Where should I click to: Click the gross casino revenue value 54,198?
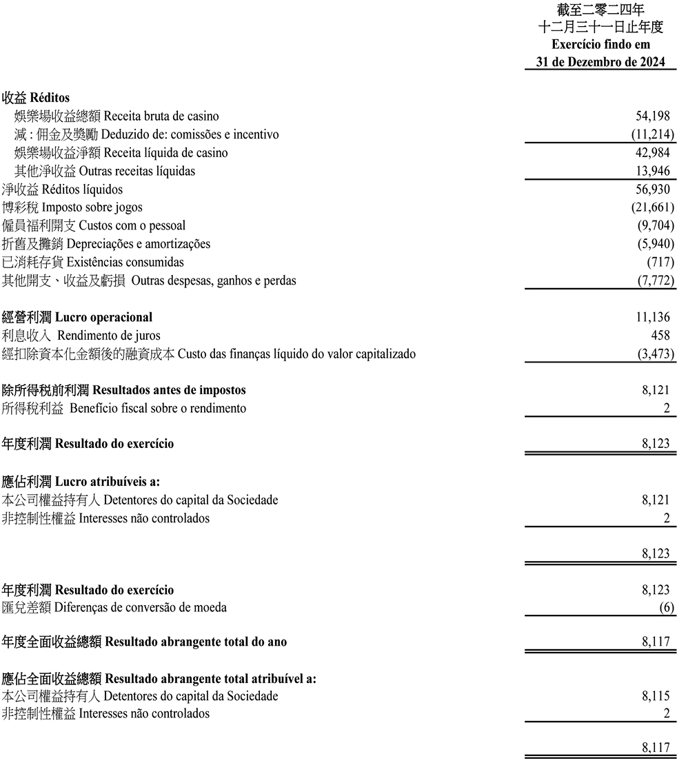(652, 116)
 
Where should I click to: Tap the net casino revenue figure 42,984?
(652, 153)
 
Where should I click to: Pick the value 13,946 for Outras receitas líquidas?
(652, 171)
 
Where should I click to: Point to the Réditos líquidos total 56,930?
(652, 190)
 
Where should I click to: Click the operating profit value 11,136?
(652, 318)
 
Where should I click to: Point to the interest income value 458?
(660, 336)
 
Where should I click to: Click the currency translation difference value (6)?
(667, 608)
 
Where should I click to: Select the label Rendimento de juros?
(109, 336)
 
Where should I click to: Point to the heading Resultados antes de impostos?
(169, 390)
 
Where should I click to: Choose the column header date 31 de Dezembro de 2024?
(600, 62)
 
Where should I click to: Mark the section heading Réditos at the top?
(50, 98)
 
